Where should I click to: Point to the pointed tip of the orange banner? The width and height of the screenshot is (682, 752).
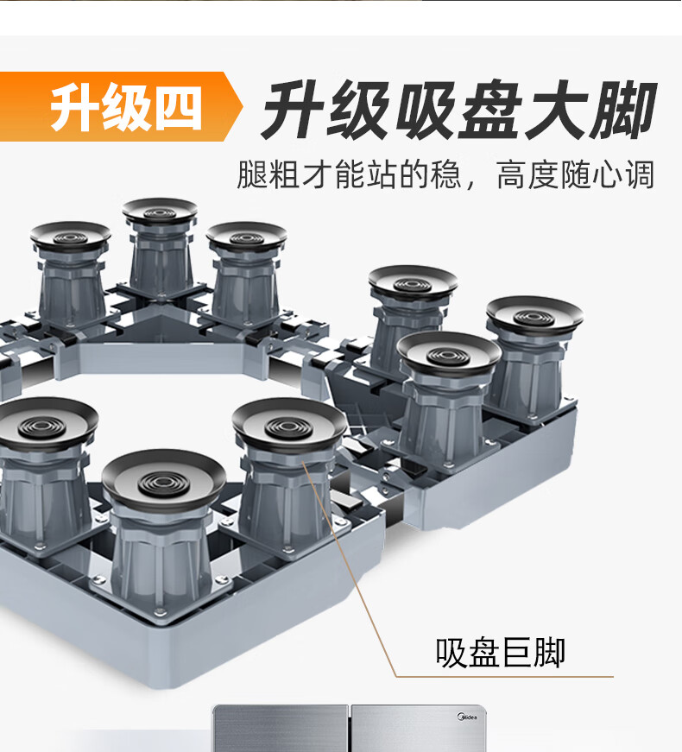pos(243,106)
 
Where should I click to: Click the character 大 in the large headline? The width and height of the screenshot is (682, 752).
pos(555,111)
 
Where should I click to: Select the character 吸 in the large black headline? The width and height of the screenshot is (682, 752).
pos(426,111)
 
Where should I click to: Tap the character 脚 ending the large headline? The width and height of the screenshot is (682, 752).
pos(622,111)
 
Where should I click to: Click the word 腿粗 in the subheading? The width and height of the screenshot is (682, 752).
pos(268,174)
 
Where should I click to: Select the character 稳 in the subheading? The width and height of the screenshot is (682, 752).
pos(446,174)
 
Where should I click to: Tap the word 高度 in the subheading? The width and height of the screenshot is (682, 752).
pos(528,174)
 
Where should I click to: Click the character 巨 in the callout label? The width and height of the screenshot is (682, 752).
pos(516,653)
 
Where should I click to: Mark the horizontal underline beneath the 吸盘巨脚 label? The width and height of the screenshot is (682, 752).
pos(505,677)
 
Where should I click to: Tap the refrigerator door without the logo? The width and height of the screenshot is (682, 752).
pos(281,728)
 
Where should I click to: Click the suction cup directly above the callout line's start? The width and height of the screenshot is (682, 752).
pos(289,426)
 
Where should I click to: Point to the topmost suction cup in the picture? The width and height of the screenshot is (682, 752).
pos(160,212)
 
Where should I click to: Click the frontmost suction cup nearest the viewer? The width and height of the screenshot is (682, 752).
pos(163,477)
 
